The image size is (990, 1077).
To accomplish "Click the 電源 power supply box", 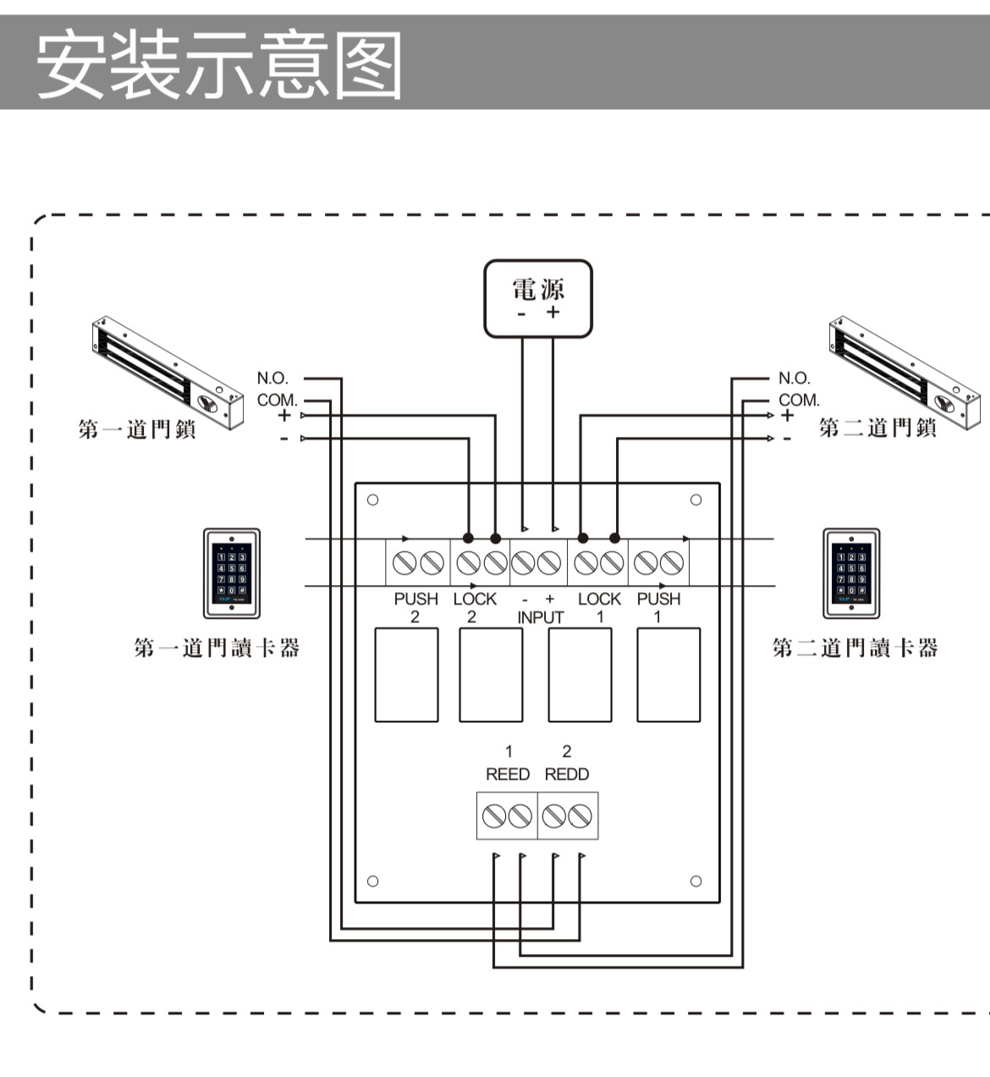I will click(x=537, y=298).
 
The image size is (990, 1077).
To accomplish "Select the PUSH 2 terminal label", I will click(x=415, y=607).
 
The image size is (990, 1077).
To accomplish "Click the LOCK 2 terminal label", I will click(x=475, y=607).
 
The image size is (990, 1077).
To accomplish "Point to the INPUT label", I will click(x=540, y=617).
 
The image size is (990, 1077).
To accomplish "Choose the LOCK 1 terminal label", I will click(x=599, y=607).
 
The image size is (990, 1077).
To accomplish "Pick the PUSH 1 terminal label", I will click(x=658, y=607).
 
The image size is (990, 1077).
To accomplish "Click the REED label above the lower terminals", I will click(x=508, y=774).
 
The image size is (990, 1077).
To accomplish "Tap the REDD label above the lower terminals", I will click(x=567, y=774).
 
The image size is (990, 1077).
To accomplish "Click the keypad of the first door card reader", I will click(x=231, y=573).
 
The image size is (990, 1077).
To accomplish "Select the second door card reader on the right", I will click(x=851, y=573).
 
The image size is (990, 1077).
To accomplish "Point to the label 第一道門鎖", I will click(x=137, y=429).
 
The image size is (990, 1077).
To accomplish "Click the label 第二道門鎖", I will click(x=877, y=428).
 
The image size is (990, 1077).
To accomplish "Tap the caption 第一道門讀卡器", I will click(x=217, y=649).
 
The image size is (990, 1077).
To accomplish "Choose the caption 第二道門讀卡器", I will click(x=855, y=649).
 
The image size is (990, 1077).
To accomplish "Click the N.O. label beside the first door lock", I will click(x=272, y=378).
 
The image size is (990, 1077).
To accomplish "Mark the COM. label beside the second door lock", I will click(x=799, y=400).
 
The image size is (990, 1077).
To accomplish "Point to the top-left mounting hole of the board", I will click(x=372, y=500).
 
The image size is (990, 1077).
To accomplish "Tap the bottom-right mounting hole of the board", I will click(x=696, y=881).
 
